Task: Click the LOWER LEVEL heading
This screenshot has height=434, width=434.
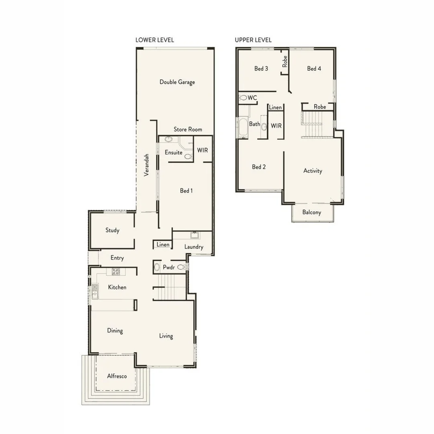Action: [x=155, y=40]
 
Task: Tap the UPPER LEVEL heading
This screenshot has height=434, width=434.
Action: [x=253, y=40]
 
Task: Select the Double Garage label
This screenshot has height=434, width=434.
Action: [x=177, y=82]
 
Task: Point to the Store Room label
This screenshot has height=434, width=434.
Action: [x=188, y=129]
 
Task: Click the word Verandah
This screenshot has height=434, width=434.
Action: [x=147, y=164]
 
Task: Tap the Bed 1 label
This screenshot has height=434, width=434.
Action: [x=186, y=191]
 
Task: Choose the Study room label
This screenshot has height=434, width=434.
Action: [x=113, y=230]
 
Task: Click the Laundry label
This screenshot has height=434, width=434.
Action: [x=194, y=247]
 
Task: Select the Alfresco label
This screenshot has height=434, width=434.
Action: [x=117, y=376]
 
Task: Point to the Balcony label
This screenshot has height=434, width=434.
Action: [x=312, y=212]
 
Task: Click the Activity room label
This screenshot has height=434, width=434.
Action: [x=313, y=171]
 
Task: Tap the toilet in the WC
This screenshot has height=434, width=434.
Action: [x=243, y=98]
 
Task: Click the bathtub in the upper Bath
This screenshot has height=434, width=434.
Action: [x=243, y=127]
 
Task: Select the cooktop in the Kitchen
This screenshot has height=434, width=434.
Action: [x=116, y=272]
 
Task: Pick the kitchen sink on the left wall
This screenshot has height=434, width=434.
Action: [x=94, y=292]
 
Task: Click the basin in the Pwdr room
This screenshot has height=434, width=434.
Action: [x=157, y=267]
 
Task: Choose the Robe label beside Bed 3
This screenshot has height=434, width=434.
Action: [x=285, y=61]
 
